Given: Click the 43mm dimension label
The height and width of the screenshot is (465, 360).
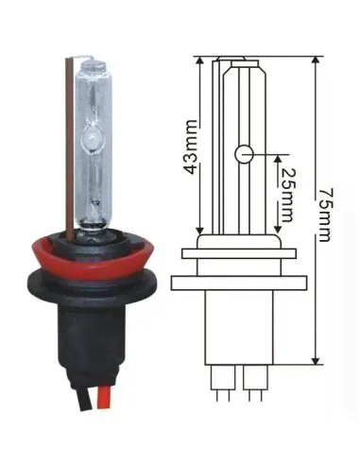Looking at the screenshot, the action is pyautogui.click(x=191, y=146).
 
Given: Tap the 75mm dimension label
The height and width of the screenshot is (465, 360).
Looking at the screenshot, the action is pyautogui.click(x=324, y=215).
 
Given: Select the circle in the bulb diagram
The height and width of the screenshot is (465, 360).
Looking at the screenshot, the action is pyautogui.click(x=244, y=154).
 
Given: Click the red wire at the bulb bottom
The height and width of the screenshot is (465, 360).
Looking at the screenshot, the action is pyautogui.click(x=101, y=398).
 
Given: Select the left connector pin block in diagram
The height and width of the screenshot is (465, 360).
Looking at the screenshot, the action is pyautogui.click(x=223, y=377).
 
